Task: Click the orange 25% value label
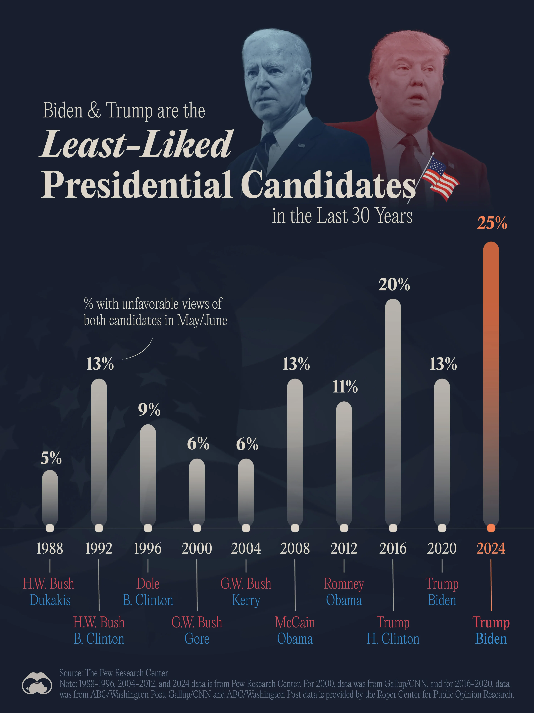pos(492,223)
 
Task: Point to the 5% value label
pos(51,458)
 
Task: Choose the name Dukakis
pos(50,600)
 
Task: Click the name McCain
pos(295,622)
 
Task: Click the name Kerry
pos(246,600)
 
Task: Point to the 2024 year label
pos(491,548)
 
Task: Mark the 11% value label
pos(345,386)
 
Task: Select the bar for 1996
pos(148,474)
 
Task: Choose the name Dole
pos(148,584)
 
